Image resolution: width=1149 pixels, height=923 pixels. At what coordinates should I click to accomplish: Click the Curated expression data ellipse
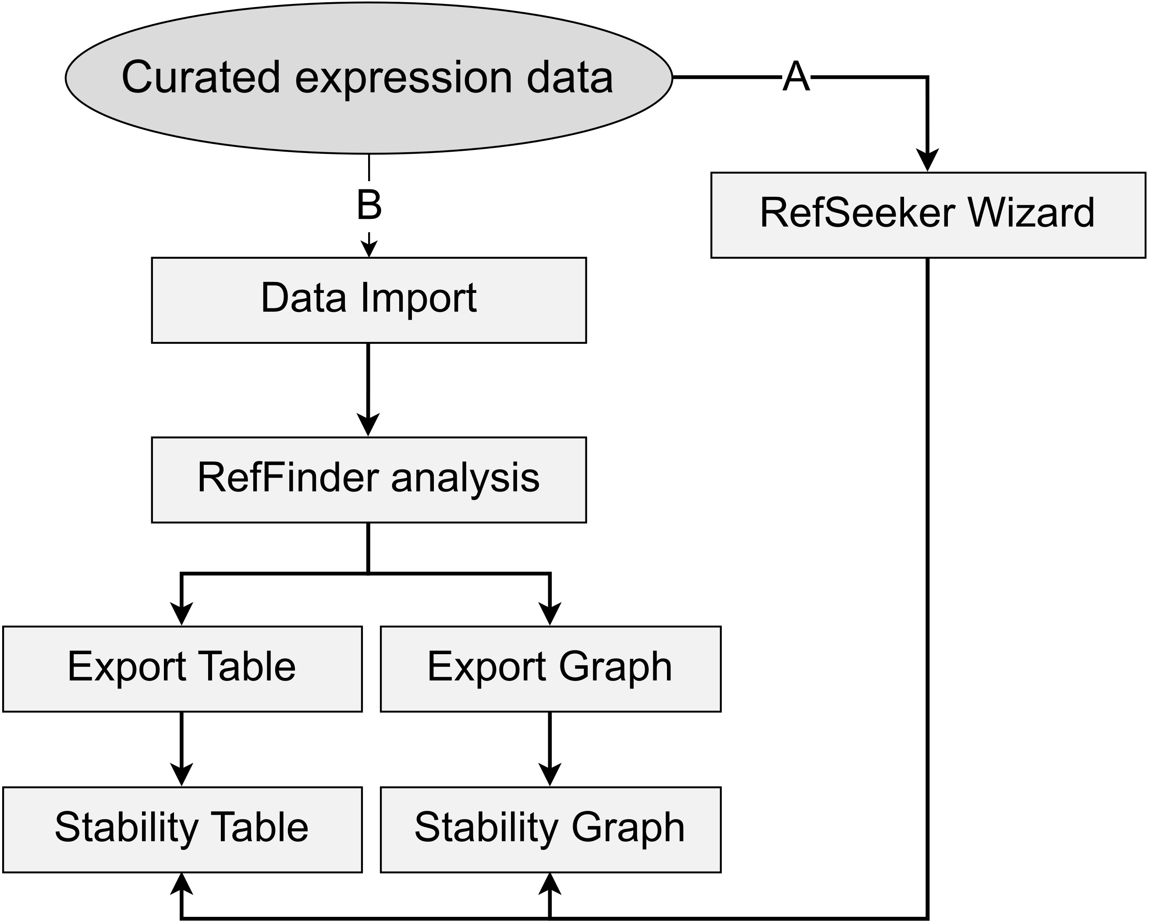(x=369, y=78)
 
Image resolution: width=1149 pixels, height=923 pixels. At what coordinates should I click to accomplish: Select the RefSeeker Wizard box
(x=927, y=215)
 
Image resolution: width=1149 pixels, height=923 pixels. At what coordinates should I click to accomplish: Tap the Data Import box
(x=369, y=300)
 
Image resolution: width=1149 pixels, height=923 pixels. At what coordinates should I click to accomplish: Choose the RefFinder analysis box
(x=369, y=479)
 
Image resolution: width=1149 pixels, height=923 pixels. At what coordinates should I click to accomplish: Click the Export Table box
(x=182, y=669)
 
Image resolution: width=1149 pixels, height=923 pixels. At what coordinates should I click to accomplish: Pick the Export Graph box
(x=550, y=669)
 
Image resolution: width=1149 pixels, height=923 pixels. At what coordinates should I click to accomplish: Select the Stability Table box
(x=182, y=829)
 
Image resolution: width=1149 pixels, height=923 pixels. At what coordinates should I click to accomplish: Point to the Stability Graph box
(x=550, y=829)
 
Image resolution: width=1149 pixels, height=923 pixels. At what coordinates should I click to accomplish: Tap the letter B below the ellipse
(x=369, y=205)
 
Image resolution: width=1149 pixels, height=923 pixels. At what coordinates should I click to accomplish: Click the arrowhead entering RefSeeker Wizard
(x=927, y=160)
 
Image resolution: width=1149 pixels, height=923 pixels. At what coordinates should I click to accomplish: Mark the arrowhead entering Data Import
(x=369, y=249)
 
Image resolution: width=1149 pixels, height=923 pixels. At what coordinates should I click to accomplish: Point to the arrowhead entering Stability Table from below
(x=182, y=885)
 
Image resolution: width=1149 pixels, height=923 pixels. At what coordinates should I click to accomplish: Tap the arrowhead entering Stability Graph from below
(x=550, y=885)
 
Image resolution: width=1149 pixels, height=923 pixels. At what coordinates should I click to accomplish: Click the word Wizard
(x=1031, y=213)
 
